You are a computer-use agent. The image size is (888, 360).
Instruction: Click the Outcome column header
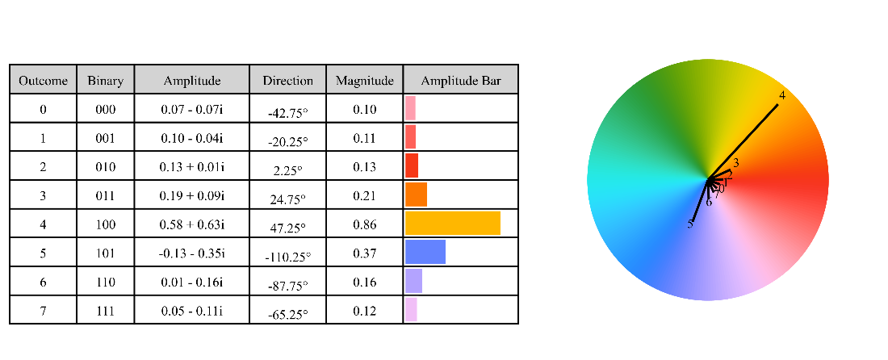click(x=43, y=81)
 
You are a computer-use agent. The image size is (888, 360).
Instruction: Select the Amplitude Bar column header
click(x=461, y=81)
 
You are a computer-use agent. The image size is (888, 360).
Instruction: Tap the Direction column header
click(x=287, y=81)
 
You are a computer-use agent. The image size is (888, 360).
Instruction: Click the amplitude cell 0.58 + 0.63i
click(x=191, y=225)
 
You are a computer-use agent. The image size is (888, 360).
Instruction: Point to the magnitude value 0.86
click(x=364, y=225)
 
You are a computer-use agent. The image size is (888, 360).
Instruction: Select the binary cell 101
click(x=105, y=253)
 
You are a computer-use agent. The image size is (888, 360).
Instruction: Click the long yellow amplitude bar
click(x=453, y=224)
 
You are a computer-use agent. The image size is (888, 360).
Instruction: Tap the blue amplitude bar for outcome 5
click(x=425, y=252)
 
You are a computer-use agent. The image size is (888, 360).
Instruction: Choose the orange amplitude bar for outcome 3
click(x=416, y=195)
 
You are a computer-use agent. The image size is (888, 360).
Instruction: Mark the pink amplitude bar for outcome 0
click(x=410, y=108)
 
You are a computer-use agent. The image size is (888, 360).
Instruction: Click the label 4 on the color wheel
click(x=781, y=96)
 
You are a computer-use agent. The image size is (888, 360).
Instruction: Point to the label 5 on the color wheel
click(x=690, y=224)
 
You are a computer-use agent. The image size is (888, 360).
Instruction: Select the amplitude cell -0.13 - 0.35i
click(x=191, y=253)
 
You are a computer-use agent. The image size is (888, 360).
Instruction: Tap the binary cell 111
click(x=105, y=311)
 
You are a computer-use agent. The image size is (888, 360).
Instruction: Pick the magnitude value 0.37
click(x=364, y=253)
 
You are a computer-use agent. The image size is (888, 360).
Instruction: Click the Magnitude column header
click(x=364, y=81)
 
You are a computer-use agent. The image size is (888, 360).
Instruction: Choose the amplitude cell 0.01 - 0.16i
click(x=191, y=283)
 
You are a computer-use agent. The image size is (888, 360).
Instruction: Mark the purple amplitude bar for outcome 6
click(x=413, y=281)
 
